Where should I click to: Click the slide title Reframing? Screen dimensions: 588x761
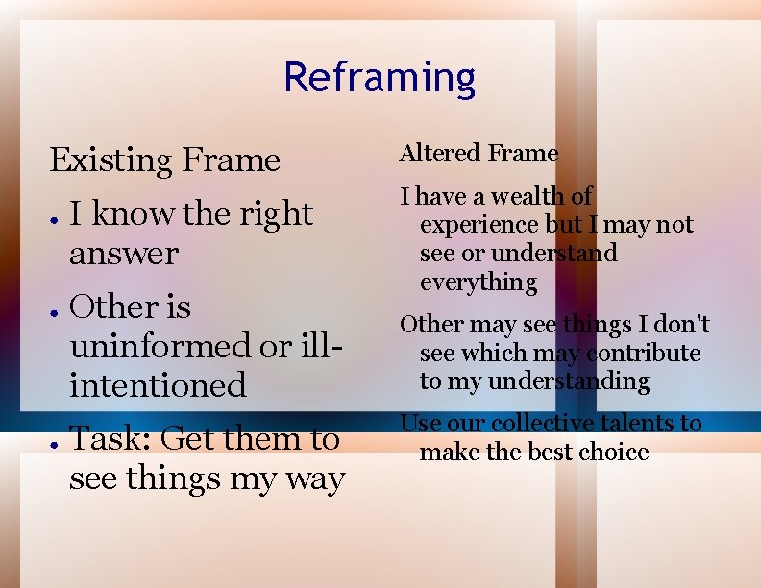coord(380,78)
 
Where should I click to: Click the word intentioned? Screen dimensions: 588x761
coord(158,385)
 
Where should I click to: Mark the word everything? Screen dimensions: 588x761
coord(479,282)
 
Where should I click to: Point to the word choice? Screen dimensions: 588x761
coord(615,452)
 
